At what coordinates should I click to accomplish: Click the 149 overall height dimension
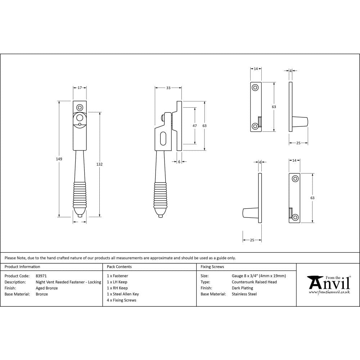tap(59, 159)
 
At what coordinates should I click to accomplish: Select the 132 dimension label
tap(100, 164)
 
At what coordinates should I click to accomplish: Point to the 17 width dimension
tap(80, 87)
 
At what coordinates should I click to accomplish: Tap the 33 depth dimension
tap(168, 88)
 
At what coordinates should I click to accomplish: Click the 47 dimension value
tap(195, 126)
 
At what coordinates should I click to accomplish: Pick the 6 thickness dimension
tap(179, 162)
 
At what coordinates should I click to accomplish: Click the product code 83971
tap(41, 276)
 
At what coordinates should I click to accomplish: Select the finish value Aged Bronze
tap(47, 288)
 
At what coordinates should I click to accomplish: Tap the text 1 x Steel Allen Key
tap(123, 294)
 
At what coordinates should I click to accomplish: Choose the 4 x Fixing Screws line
tap(122, 300)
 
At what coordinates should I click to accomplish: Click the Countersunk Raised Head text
tap(254, 282)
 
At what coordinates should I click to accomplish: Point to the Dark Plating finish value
tap(242, 288)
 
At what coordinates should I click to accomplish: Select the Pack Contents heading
tap(119, 267)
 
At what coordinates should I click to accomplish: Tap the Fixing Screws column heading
tap(212, 267)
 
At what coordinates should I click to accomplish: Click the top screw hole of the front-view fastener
tap(80, 107)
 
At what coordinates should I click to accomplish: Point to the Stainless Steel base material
tap(244, 294)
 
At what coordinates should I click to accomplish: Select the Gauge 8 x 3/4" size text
tap(258, 276)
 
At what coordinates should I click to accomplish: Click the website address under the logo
tap(329, 292)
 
